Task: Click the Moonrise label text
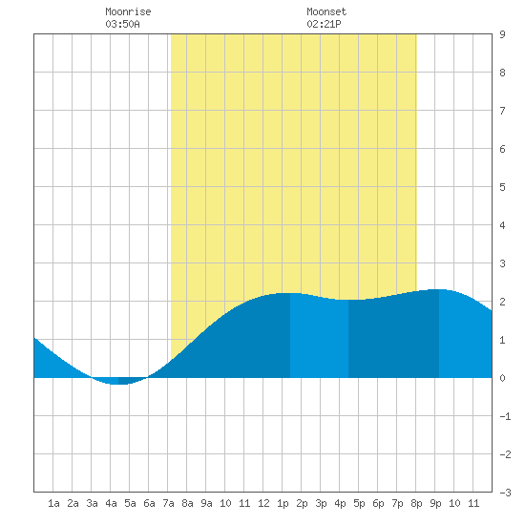point(128,11)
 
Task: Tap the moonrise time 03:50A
point(122,24)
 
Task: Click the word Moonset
point(326,11)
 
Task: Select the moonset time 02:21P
point(324,24)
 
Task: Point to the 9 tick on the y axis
point(502,34)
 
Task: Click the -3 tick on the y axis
point(505,493)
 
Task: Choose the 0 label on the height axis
point(502,378)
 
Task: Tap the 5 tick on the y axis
point(502,187)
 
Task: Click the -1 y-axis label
point(505,416)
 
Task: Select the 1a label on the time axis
point(53,503)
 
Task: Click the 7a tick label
point(168,503)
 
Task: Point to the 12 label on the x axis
point(263,503)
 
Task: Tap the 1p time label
point(283,503)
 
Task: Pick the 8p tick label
point(416,503)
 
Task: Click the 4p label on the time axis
point(340,503)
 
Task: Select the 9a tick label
point(206,503)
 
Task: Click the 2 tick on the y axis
point(502,302)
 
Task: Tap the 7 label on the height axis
point(502,111)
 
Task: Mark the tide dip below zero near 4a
point(119,381)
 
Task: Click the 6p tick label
point(378,503)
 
